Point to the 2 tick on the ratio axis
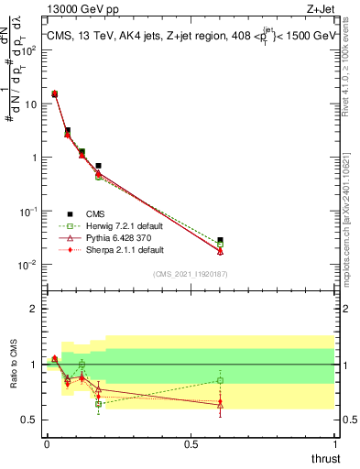tap(34, 309)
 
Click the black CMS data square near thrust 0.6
tap(220, 240)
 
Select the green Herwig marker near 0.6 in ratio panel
tap(220, 380)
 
